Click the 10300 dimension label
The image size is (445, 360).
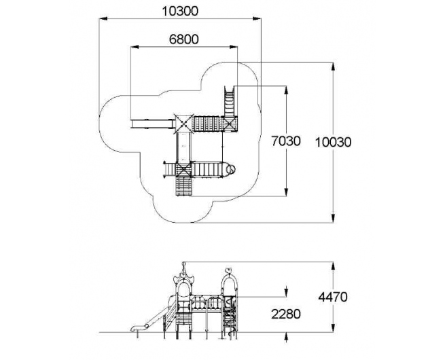point(180,12)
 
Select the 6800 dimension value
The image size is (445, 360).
point(184,39)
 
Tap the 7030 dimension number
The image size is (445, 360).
point(285,141)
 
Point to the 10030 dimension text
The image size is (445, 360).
point(333,142)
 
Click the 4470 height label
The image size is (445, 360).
point(333,297)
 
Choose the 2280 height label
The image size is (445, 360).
point(286,314)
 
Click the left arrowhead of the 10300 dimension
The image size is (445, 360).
point(103,19)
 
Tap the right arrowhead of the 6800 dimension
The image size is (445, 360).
point(233,47)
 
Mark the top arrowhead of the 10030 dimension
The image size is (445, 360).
point(333,67)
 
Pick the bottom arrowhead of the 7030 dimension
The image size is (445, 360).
point(286,192)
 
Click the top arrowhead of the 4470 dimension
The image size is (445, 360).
point(333,266)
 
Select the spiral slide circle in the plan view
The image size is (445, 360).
point(231,169)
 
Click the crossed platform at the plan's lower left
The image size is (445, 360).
point(183,170)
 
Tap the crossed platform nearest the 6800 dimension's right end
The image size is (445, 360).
point(229,124)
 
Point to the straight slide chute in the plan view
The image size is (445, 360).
point(153,124)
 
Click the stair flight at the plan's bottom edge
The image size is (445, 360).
point(183,186)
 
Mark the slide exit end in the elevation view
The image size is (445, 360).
point(135,329)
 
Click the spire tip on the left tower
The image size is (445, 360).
point(184,263)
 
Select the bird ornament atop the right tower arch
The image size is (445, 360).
point(228,270)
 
